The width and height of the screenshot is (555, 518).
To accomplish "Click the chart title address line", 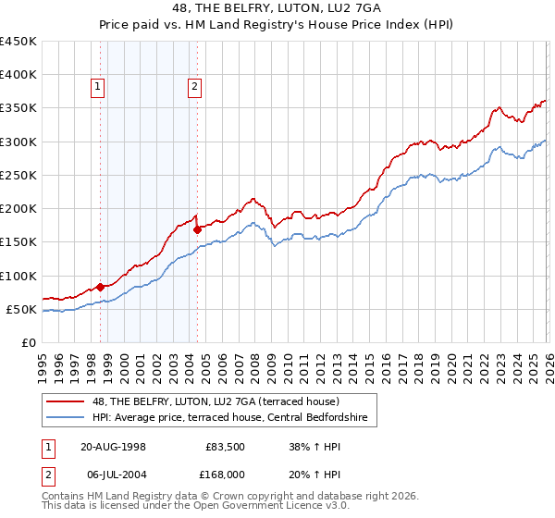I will coord(277,8).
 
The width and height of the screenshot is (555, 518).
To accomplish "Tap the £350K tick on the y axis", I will coord(18,108).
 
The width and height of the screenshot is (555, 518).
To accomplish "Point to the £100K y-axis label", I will coord(18,276).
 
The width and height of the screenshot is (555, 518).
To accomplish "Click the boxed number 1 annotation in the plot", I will coord(98,88).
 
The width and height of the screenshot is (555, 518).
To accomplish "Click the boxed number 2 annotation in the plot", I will coord(195,88).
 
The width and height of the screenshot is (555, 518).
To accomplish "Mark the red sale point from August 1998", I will coord(101,287).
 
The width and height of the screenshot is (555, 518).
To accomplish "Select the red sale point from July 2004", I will coord(197,230).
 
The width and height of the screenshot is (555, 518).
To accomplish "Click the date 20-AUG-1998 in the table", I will coord(114,447).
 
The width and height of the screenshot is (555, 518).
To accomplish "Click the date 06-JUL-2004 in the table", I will coord(114,474).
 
